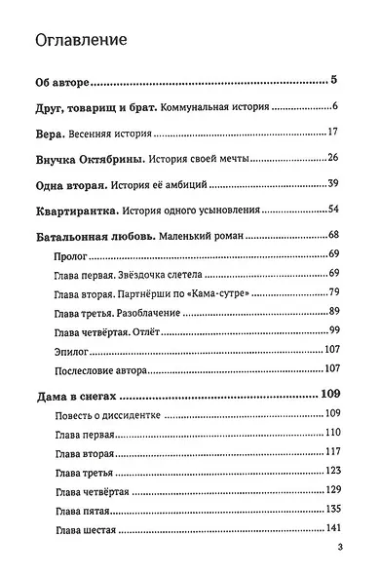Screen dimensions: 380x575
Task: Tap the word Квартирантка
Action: [76, 210]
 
